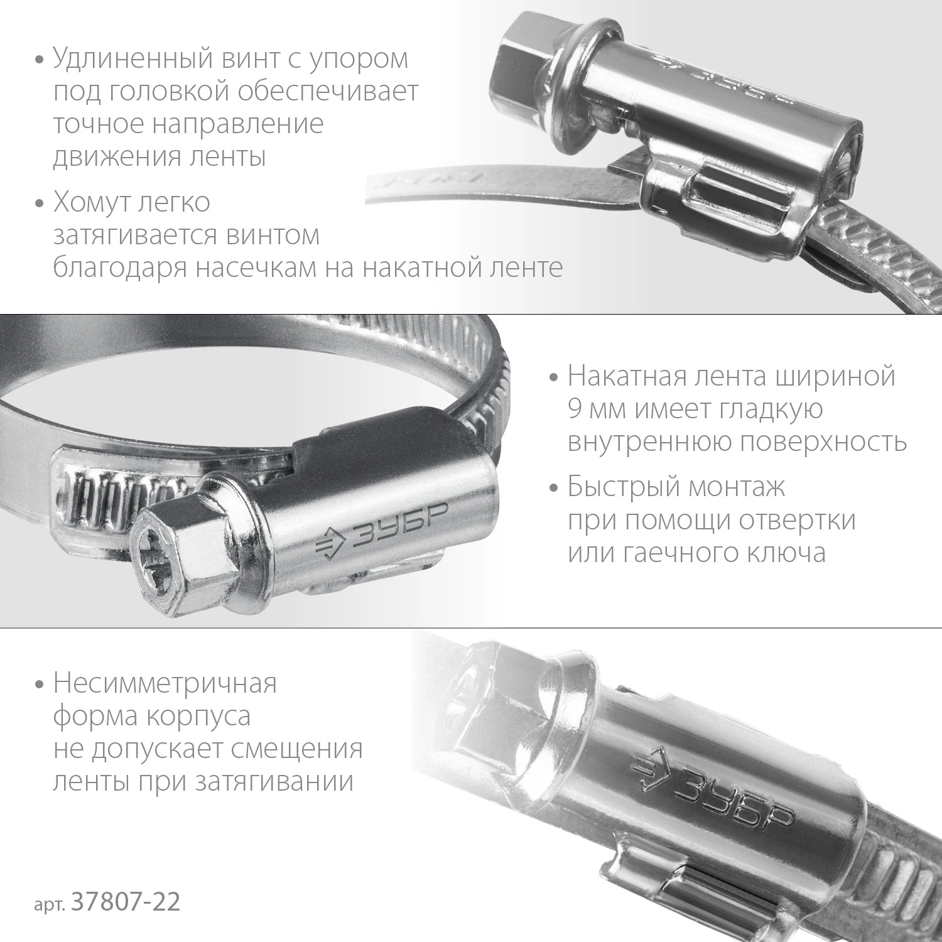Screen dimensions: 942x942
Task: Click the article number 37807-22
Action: pyautogui.click(x=126, y=902)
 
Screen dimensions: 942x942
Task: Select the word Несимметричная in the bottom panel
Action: pyautogui.click(x=165, y=683)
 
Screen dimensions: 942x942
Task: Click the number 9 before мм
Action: pyautogui.click(x=575, y=409)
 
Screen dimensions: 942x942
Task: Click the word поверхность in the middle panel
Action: pyautogui.click(x=823, y=442)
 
